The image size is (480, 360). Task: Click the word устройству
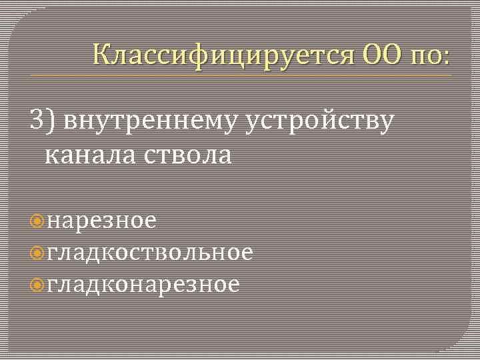pyautogui.click(x=320, y=122)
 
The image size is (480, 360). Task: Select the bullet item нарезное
pyautogui.click(x=102, y=221)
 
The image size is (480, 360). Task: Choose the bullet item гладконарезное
pyautogui.click(x=143, y=285)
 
